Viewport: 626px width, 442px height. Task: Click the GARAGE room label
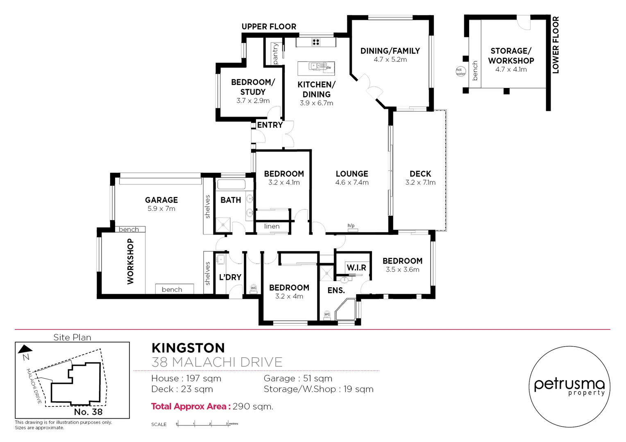coord(161,200)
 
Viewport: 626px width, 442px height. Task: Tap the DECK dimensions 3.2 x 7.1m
coord(420,183)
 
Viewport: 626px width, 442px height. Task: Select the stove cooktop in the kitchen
coord(316,42)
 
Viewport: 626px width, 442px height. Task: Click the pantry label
coord(275,54)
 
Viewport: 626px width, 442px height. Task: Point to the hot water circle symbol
coord(460,72)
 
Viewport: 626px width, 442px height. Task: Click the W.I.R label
coord(356,268)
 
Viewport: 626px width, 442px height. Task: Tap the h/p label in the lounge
coord(351,226)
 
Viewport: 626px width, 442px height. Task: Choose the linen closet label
coord(272,226)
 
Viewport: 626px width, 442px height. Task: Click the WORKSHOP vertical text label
coord(130,262)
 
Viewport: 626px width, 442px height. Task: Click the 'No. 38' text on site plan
coord(88,412)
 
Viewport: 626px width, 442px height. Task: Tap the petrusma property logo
coord(569,387)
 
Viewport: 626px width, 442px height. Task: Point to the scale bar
coord(203,424)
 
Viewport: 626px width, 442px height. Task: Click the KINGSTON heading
coord(188,348)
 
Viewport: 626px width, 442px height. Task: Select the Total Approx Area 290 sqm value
coord(253,406)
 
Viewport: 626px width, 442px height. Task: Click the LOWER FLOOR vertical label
coord(556,45)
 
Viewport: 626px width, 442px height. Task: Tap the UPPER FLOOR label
coord(269,27)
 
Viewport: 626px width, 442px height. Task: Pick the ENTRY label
coord(270,125)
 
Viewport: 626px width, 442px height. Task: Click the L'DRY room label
coord(230,277)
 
